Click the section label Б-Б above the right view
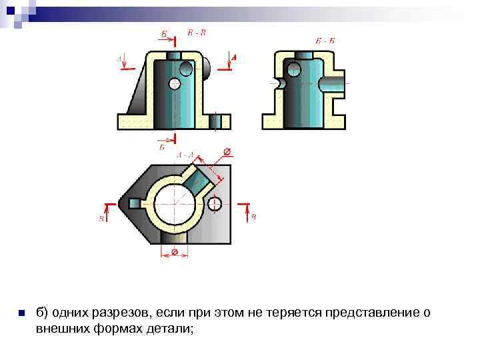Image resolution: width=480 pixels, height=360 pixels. point(326,41)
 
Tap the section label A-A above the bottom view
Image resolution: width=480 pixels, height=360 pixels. point(185,155)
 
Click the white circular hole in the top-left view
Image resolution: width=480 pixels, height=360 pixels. point(175,83)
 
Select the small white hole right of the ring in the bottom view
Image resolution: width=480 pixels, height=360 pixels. point(215,203)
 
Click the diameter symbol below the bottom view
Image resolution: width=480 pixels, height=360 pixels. point(174,252)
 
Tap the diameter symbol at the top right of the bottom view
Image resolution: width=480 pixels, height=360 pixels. point(226,152)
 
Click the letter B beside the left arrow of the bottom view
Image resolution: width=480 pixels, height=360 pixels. point(101,218)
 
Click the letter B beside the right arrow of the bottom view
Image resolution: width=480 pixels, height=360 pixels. point(253,217)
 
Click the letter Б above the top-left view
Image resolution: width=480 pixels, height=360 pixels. point(164,33)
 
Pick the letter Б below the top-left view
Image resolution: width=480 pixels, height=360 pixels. point(162,147)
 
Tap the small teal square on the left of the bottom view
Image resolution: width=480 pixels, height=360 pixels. point(136,203)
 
